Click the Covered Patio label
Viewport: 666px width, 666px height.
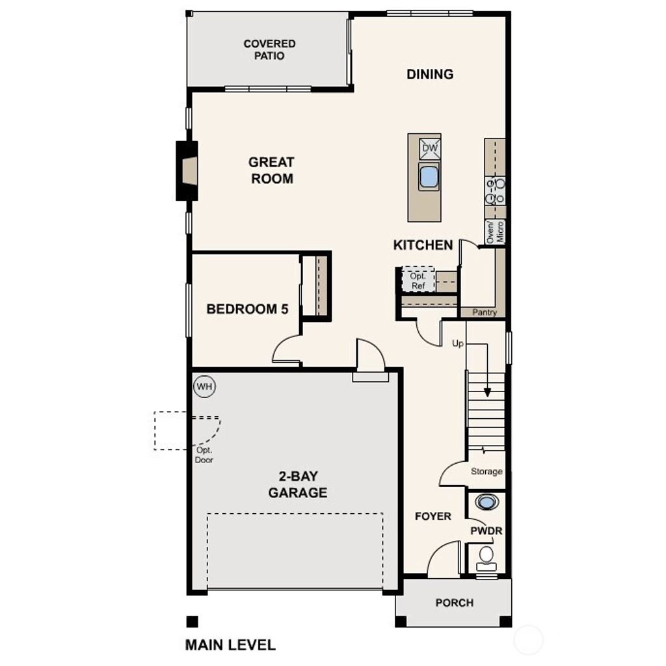(269, 50)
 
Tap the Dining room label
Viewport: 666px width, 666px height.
(430, 74)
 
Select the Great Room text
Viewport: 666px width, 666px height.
(271, 170)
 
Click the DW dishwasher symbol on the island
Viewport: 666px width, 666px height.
(430, 148)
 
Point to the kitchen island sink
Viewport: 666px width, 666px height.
(429, 177)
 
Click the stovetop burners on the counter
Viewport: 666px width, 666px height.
(495, 191)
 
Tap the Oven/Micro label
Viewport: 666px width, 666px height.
(496, 232)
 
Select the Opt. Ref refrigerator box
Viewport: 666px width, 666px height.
(418, 280)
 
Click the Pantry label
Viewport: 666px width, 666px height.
(485, 313)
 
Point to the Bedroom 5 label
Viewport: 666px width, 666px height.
(247, 309)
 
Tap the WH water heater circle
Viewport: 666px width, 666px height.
(205, 387)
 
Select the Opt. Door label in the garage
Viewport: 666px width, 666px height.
(204, 455)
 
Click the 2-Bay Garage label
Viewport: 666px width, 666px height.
(298, 485)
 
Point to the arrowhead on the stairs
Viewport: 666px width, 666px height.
(487, 392)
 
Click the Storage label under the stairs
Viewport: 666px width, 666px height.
(486, 472)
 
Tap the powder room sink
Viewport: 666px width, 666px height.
(486, 502)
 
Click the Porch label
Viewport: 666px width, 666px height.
(454, 603)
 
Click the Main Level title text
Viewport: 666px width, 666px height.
(230, 645)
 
